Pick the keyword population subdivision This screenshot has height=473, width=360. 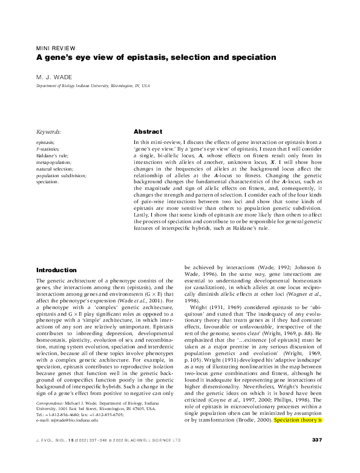61,175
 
